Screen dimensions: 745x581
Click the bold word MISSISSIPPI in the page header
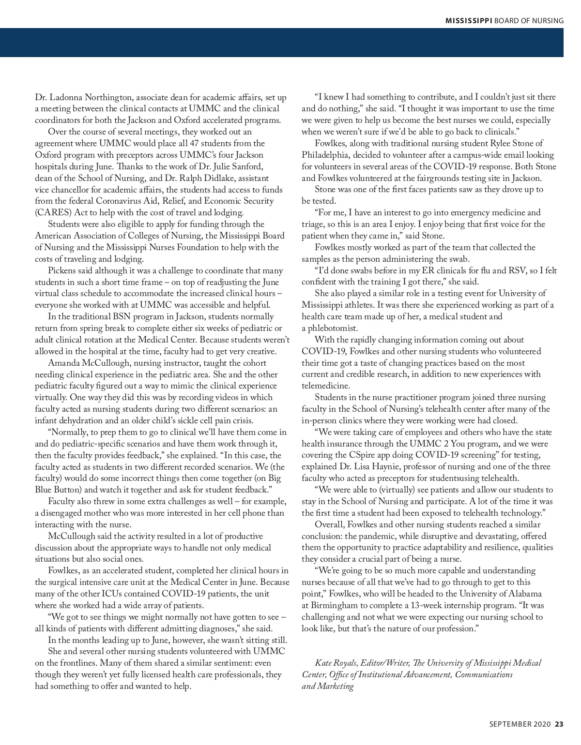tap(469, 20)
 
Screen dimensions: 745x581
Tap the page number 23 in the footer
tap(559, 724)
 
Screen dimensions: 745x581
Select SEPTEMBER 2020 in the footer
tap(520, 724)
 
